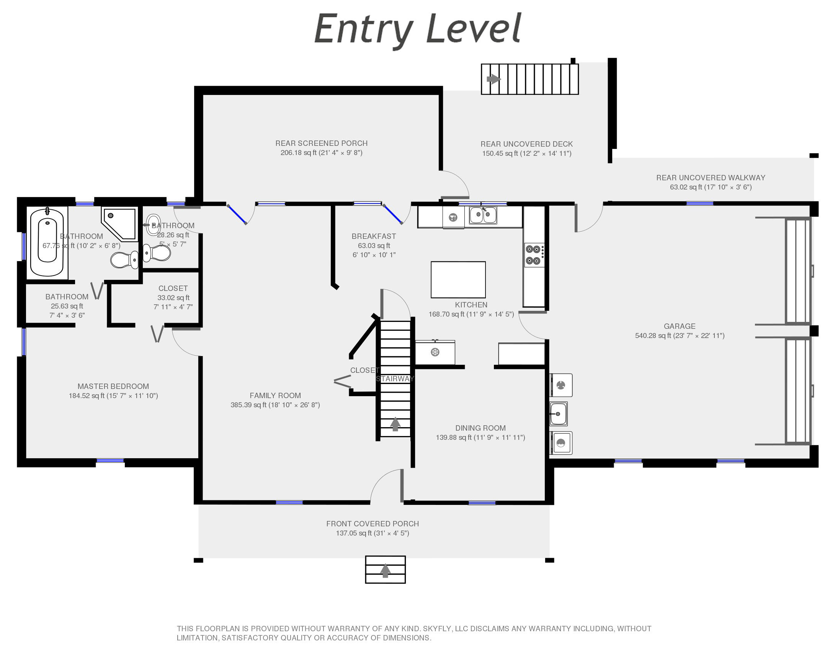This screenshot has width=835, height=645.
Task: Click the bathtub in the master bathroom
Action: [x=47, y=241]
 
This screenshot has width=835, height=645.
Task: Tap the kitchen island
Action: [x=458, y=279]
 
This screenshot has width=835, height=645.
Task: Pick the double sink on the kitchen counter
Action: [x=483, y=215]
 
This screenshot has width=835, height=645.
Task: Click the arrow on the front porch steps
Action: [x=385, y=571]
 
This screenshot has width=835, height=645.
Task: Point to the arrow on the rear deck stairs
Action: [x=493, y=79]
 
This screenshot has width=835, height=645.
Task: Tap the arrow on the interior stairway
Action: [x=395, y=424]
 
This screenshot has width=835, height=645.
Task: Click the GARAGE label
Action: [x=680, y=326]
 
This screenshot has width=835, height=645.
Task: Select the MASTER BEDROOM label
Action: [x=113, y=386]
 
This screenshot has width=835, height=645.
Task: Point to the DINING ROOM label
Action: [x=480, y=428]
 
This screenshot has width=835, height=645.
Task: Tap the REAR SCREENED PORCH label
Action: [x=322, y=143]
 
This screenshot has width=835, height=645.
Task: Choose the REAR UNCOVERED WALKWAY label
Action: [x=711, y=178]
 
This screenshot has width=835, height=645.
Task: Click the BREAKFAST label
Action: [x=374, y=236]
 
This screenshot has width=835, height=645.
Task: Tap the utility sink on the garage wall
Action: [x=559, y=414]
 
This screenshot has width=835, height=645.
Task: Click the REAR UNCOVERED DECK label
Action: [x=527, y=144]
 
